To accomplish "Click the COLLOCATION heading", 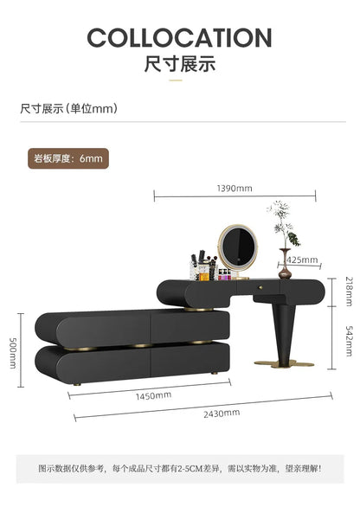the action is [x=180, y=37].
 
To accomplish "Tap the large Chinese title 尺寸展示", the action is [x=180, y=63].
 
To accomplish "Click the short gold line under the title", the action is [x=176, y=80].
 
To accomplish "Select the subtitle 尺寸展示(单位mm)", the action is [x=68, y=109].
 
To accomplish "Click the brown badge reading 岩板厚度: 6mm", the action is [x=68, y=158].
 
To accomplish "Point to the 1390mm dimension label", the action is [x=235, y=189].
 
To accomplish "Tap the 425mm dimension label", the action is [x=302, y=260].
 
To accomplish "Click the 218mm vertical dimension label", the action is [x=350, y=292].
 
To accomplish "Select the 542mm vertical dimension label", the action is [x=350, y=340].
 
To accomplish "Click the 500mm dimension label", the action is [x=12, y=353].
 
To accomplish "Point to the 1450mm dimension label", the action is [x=153, y=396].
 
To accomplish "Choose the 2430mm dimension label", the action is [x=222, y=414].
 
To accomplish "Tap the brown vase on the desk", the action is [x=285, y=264].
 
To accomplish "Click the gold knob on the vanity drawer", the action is [x=260, y=287].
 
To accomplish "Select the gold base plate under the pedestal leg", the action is [x=284, y=363].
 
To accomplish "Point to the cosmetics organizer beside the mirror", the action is [x=204, y=266].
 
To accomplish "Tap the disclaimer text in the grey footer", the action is [x=180, y=469].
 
